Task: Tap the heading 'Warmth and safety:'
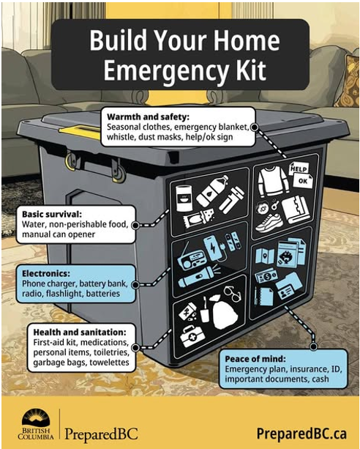click(148, 117)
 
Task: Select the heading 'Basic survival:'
click(52, 214)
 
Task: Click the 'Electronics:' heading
click(46, 273)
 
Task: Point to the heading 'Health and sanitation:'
click(80, 332)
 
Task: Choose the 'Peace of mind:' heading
click(255, 359)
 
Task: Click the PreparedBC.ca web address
click(301, 434)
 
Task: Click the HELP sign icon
click(299, 168)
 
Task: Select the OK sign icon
click(303, 181)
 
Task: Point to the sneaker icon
click(269, 223)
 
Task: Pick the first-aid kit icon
click(192, 336)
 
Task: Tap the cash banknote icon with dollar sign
click(266, 276)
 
